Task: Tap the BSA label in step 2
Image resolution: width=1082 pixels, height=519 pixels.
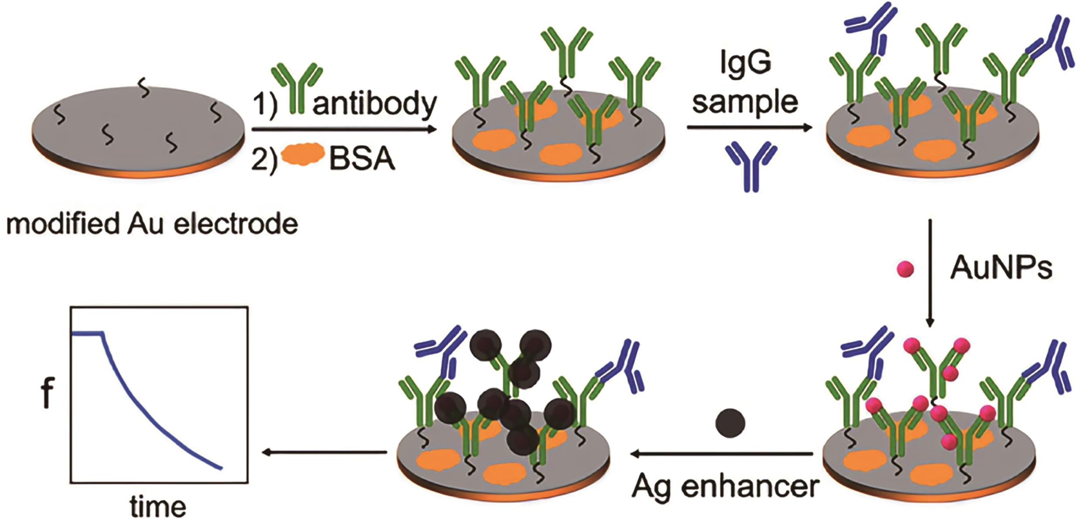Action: tap(362, 160)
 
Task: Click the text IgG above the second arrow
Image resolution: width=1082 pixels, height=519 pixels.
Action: tap(745, 64)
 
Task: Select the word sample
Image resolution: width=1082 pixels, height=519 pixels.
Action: tap(745, 102)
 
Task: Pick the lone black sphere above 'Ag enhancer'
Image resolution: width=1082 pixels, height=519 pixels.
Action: tap(730, 423)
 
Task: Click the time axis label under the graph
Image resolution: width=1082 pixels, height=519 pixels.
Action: tap(158, 507)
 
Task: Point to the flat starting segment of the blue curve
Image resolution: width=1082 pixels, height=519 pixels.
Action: tap(88, 334)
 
